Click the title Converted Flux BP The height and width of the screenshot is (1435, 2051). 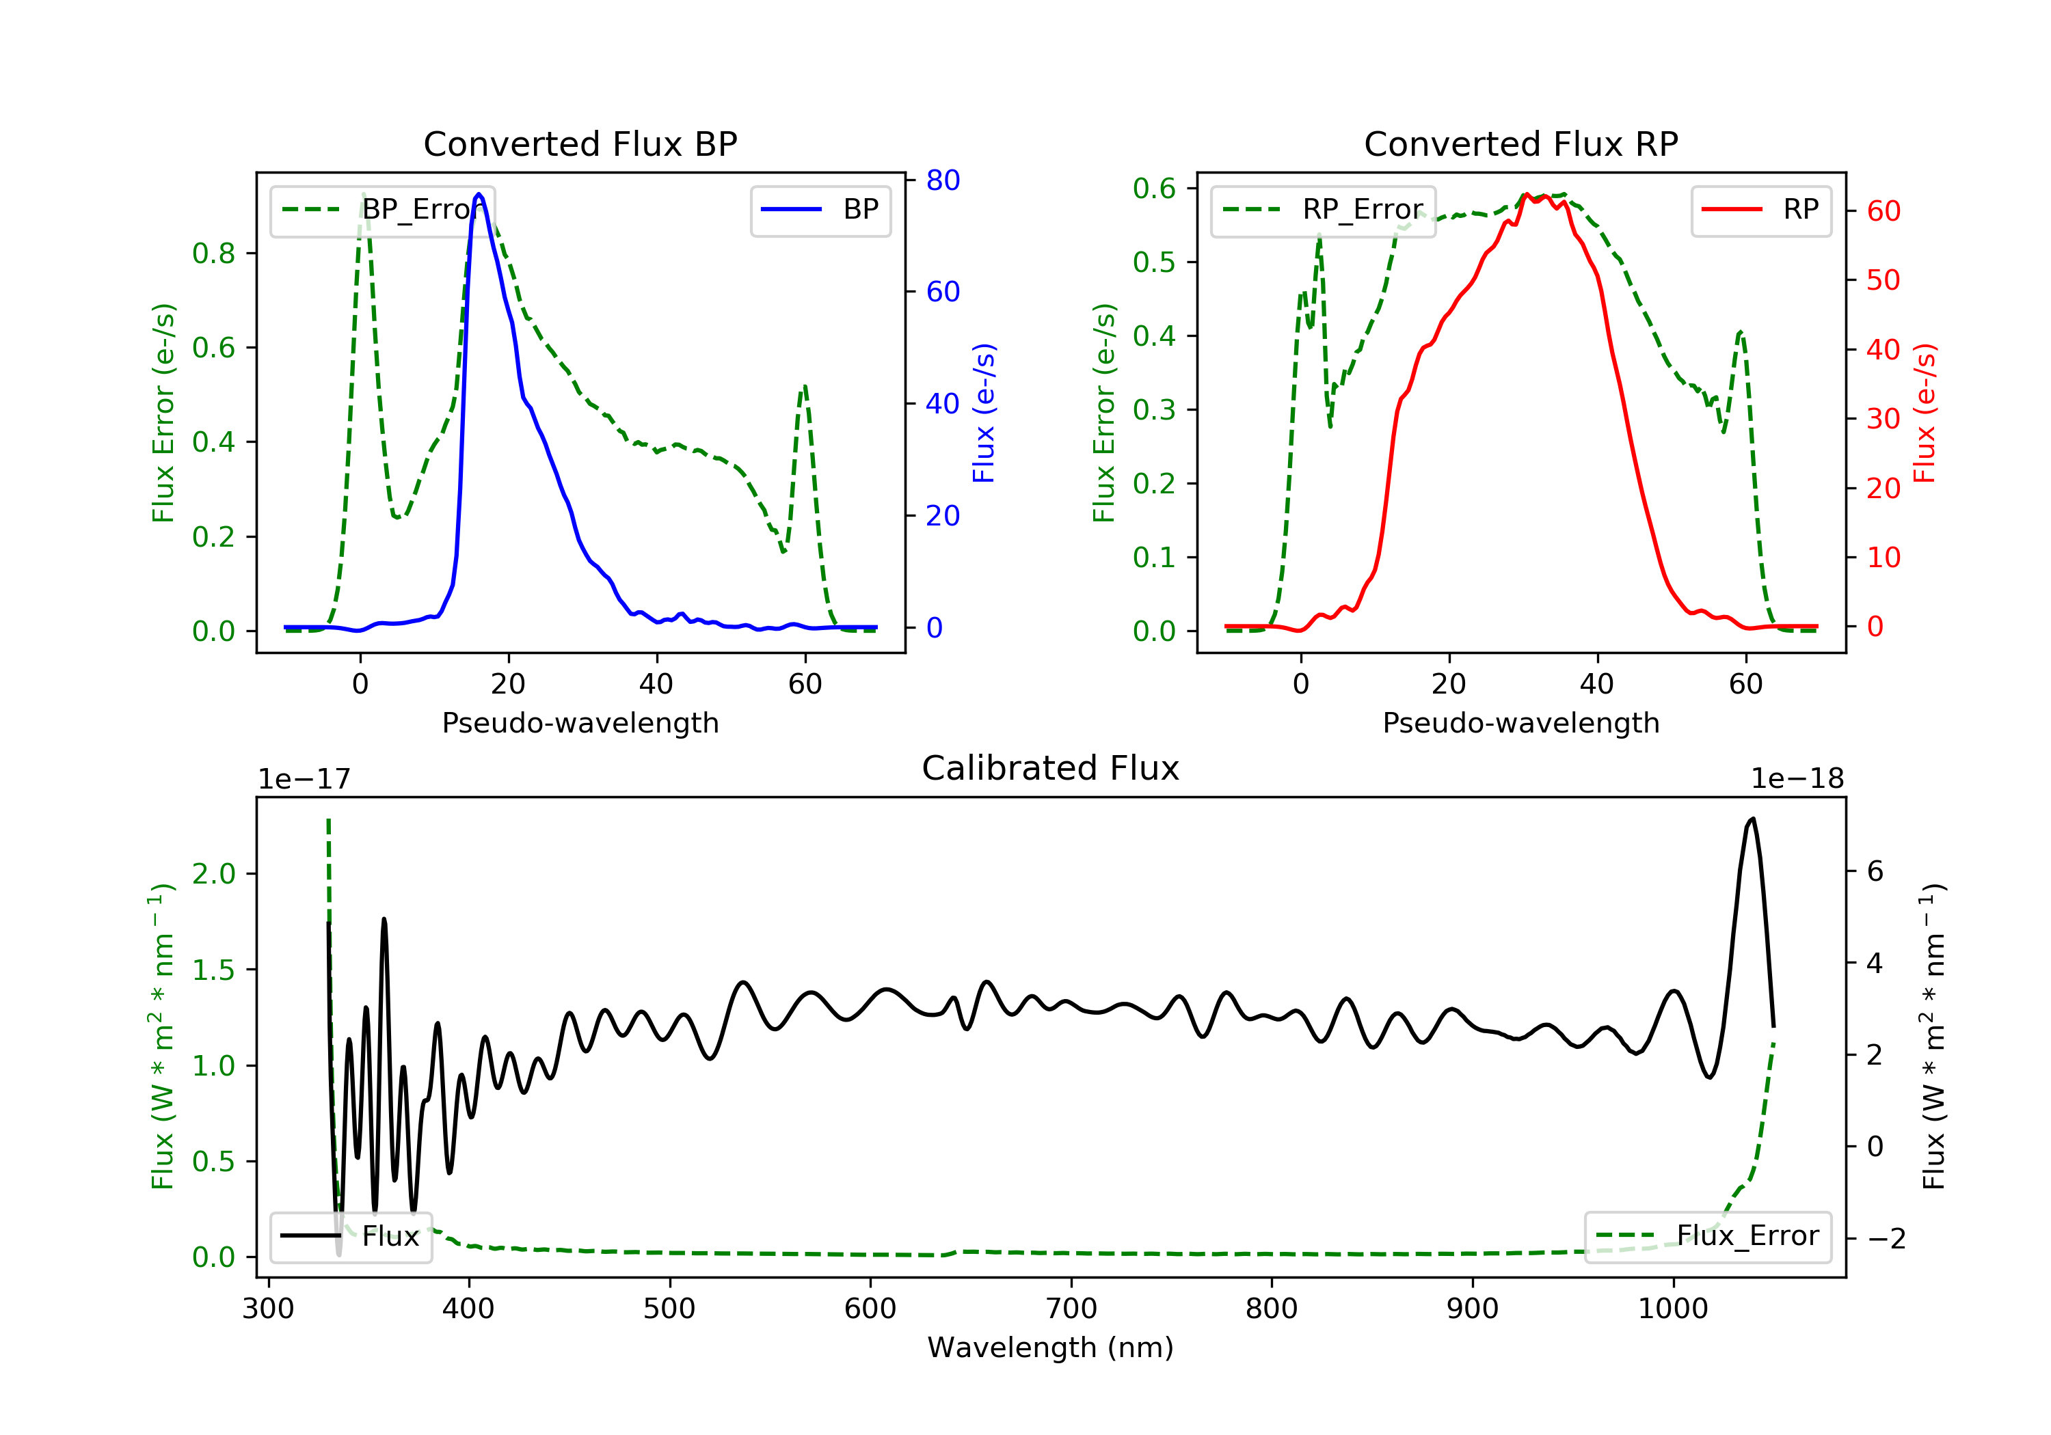point(580,143)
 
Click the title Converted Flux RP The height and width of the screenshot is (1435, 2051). point(1520,143)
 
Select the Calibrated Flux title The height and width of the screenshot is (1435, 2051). point(1051,768)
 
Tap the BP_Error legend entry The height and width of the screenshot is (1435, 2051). point(382,210)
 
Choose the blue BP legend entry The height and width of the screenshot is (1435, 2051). point(820,210)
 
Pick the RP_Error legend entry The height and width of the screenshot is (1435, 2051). point(1323,210)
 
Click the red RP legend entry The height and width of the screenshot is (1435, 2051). point(1760,210)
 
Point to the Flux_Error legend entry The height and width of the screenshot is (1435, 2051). point(1707,1236)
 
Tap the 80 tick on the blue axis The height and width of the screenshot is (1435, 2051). point(942,180)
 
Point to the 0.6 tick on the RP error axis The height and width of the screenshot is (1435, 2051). point(1154,189)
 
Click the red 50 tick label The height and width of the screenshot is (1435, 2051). point(1883,280)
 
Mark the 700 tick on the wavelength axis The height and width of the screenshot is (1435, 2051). point(1071,1309)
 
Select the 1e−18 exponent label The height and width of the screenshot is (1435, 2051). point(1797,779)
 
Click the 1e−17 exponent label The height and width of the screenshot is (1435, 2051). point(305,779)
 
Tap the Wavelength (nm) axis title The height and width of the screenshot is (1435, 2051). point(1051,1348)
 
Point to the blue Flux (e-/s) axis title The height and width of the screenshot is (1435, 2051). point(984,413)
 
